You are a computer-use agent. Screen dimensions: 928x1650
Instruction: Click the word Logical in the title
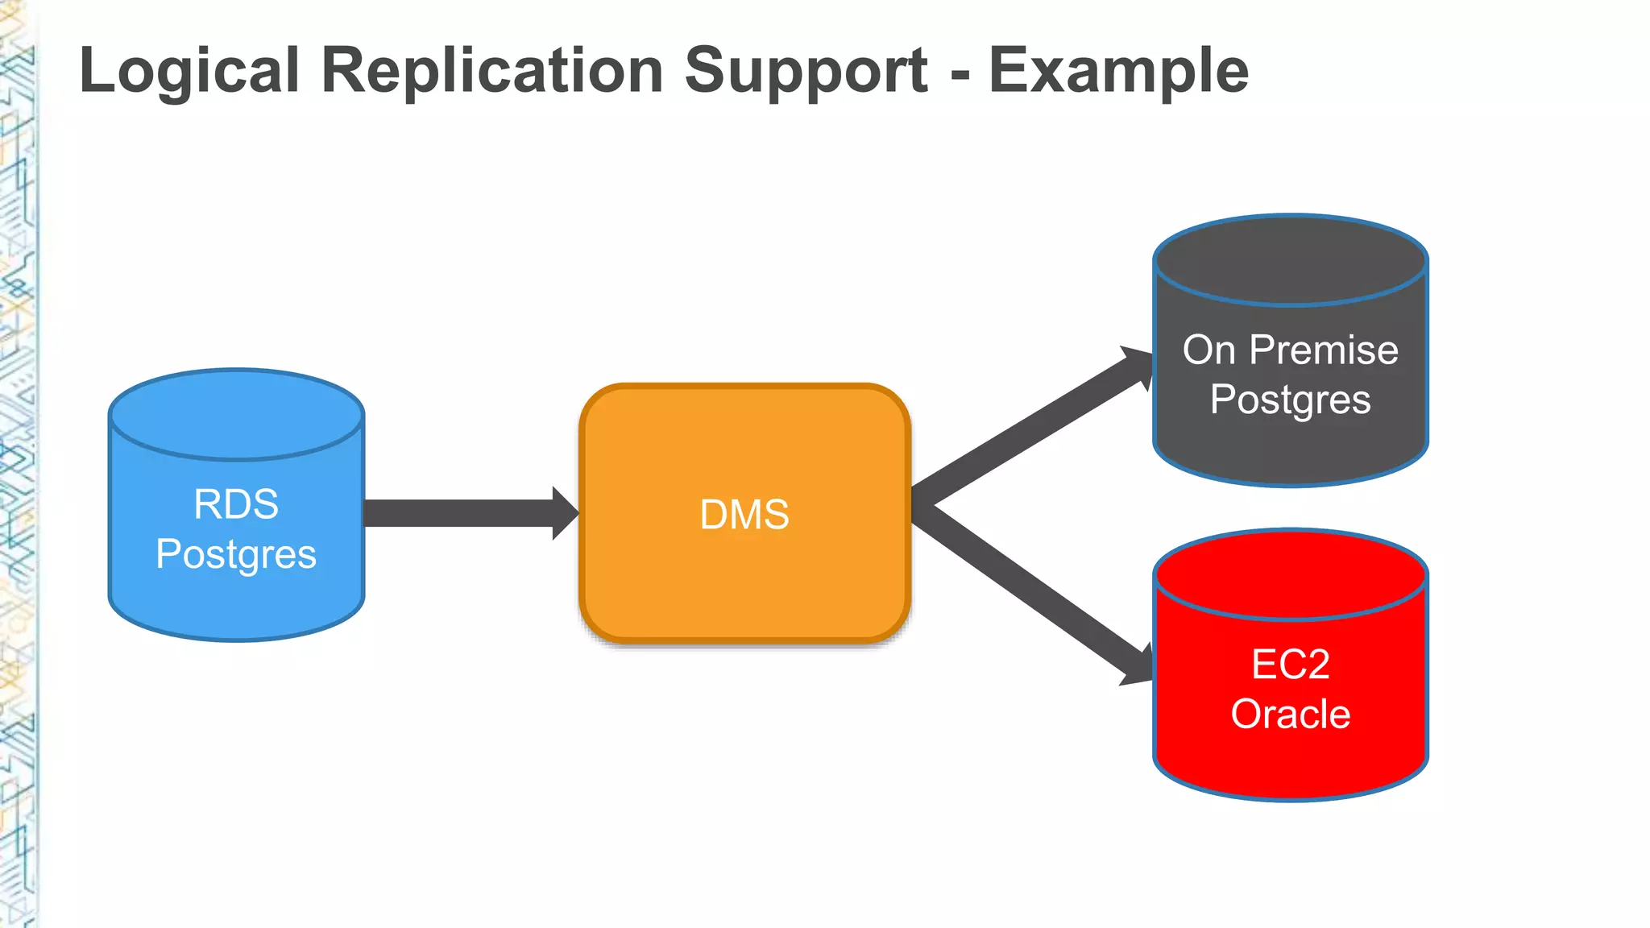click(189, 71)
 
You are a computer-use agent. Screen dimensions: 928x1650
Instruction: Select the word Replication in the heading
click(491, 71)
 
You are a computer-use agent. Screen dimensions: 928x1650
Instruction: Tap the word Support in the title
click(806, 71)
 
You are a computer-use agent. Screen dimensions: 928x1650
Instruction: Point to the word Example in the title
click(1118, 71)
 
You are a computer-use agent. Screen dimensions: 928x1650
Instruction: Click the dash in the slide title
click(959, 74)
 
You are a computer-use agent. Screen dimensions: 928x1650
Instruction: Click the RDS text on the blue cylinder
click(236, 504)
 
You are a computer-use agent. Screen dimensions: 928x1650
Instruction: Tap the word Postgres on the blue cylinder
click(236, 554)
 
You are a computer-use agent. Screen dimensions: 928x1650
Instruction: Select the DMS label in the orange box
click(744, 514)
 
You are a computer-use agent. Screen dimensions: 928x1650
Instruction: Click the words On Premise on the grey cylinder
click(1290, 350)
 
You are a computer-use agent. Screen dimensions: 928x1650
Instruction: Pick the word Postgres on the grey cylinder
click(1290, 400)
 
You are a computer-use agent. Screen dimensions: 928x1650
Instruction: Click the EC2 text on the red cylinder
click(1290, 665)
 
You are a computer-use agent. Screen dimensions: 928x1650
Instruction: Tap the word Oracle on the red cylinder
click(1290, 714)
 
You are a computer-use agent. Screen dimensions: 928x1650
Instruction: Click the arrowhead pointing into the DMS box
click(565, 513)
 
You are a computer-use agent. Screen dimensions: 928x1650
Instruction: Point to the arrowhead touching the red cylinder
click(1138, 665)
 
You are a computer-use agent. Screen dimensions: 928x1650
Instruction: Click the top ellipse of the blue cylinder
click(236, 415)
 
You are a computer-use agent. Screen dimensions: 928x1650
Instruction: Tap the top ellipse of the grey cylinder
click(1290, 259)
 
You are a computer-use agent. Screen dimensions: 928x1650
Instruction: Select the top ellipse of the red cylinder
click(1290, 574)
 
